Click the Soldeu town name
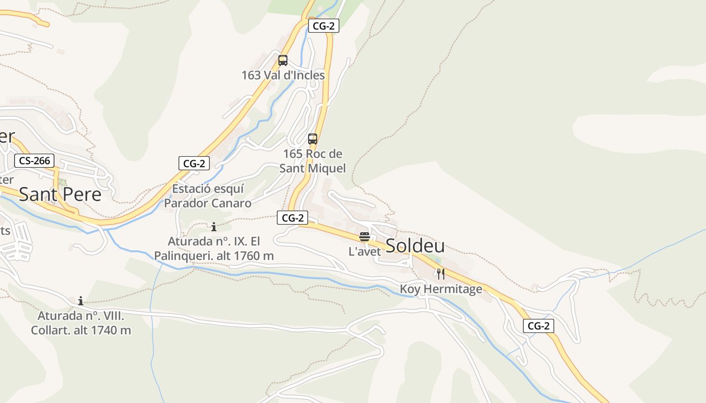pyautogui.click(x=415, y=246)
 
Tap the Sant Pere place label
pyautogui.click(x=60, y=194)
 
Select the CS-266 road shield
pyautogui.click(x=34, y=161)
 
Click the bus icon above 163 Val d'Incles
pyautogui.click(x=283, y=60)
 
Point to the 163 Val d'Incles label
pyautogui.click(x=283, y=75)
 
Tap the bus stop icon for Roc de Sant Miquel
pyautogui.click(x=313, y=139)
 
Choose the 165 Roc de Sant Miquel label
pyautogui.click(x=313, y=161)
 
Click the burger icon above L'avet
pyautogui.click(x=365, y=236)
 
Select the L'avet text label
pyautogui.click(x=365, y=251)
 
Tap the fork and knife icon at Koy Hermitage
pyautogui.click(x=441, y=274)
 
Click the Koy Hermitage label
pyautogui.click(x=441, y=289)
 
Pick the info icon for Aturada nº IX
pyautogui.click(x=214, y=227)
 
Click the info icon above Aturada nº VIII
pyautogui.click(x=81, y=301)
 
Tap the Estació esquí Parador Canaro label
pyautogui.click(x=208, y=196)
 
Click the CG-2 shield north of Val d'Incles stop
pyautogui.click(x=323, y=26)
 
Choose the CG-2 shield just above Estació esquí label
pyautogui.click(x=194, y=163)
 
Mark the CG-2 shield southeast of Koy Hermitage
pyautogui.click(x=539, y=326)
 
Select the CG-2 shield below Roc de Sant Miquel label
pyautogui.click(x=292, y=218)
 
